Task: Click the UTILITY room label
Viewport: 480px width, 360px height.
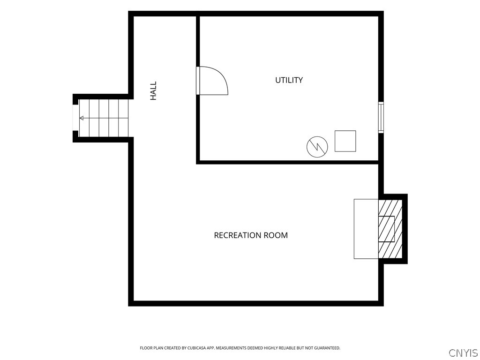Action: pyautogui.click(x=289, y=80)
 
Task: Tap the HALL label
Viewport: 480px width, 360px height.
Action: pyautogui.click(x=153, y=90)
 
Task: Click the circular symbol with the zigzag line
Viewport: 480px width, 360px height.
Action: pyautogui.click(x=317, y=147)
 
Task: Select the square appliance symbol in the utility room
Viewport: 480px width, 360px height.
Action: pyautogui.click(x=345, y=141)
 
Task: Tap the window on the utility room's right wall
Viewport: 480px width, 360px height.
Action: pyautogui.click(x=381, y=117)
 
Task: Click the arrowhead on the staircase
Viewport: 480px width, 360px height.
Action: pyautogui.click(x=82, y=118)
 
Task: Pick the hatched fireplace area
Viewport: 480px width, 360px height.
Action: pyautogui.click(x=390, y=229)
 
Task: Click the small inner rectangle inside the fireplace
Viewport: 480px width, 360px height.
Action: pyautogui.click(x=386, y=229)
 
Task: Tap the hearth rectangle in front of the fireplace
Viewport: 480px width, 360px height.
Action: pyautogui.click(x=367, y=229)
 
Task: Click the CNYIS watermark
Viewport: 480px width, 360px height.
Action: pyautogui.click(x=463, y=353)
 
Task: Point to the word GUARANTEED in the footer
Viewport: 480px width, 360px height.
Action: pyautogui.click(x=328, y=348)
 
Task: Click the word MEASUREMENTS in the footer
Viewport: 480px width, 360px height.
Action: pyautogui.click(x=232, y=348)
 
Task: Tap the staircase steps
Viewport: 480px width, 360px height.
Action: pyautogui.click(x=104, y=118)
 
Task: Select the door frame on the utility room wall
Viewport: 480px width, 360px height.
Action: pyautogui.click(x=198, y=81)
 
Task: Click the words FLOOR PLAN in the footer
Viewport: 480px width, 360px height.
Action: pyautogui.click(x=151, y=348)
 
